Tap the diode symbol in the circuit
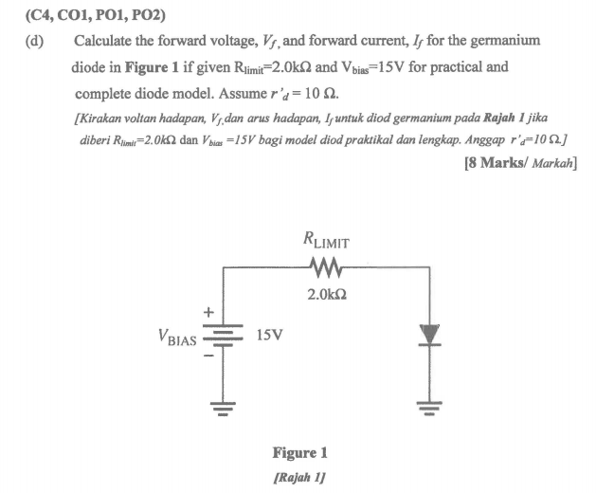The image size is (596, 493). point(429,334)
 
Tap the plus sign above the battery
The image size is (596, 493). point(208,314)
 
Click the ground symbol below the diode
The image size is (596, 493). point(429,409)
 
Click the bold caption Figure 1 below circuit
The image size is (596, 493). point(299,452)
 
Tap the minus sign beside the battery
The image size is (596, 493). point(208,358)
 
